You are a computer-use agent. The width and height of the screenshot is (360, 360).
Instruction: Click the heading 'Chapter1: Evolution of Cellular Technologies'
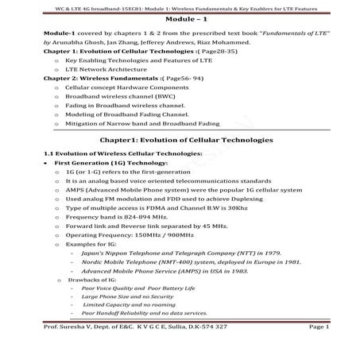(180, 140)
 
